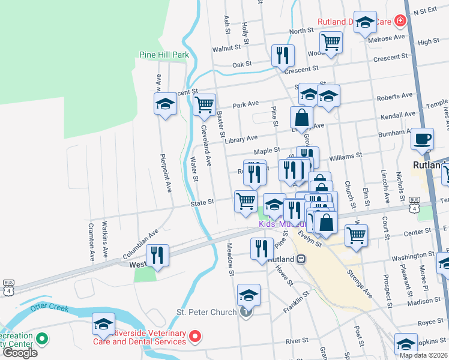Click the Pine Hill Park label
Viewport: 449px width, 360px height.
[x=164, y=55]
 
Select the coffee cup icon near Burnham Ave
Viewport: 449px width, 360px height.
[x=422, y=139]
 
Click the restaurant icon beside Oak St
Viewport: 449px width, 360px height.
[x=282, y=56]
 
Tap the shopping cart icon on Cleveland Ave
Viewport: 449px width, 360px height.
[x=205, y=104]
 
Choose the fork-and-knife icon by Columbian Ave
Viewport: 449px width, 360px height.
[x=157, y=255]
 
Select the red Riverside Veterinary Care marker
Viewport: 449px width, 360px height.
[x=195, y=338]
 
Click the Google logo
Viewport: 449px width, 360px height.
[x=20, y=353]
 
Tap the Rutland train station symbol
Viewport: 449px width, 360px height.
[x=301, y=259]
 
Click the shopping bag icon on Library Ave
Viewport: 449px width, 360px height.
[x=301, y=117]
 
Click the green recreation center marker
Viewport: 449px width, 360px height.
[x=41, y=340]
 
